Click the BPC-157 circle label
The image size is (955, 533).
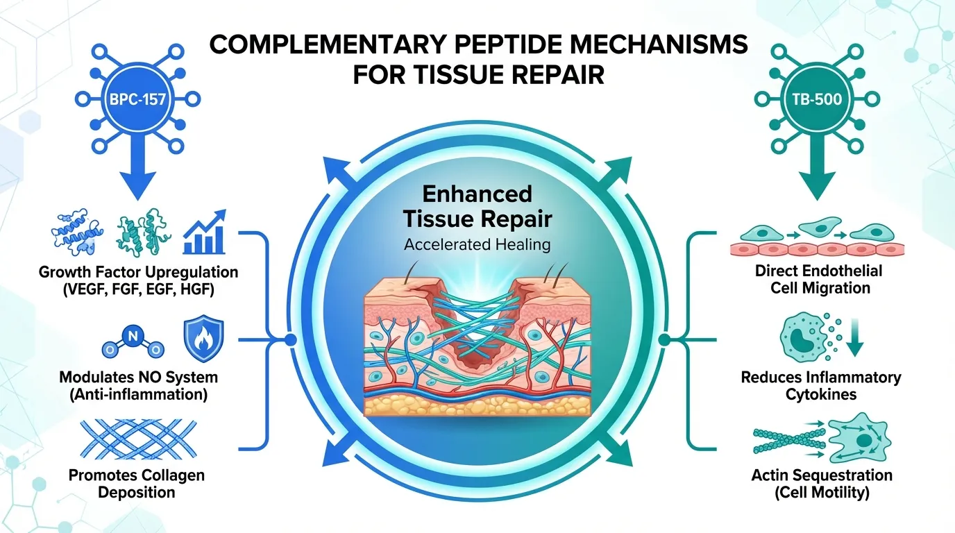pyautogui.click(x=137, y=99)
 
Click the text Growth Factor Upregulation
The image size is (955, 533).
pyautogui.click(x=138, y=271)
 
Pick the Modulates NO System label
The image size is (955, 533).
pyautogui.click(x=138, y=378)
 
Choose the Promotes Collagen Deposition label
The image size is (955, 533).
pyautogui.click(x=136, y=484)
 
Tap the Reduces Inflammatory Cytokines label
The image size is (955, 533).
pyautogui.click(x=820, y=386)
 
